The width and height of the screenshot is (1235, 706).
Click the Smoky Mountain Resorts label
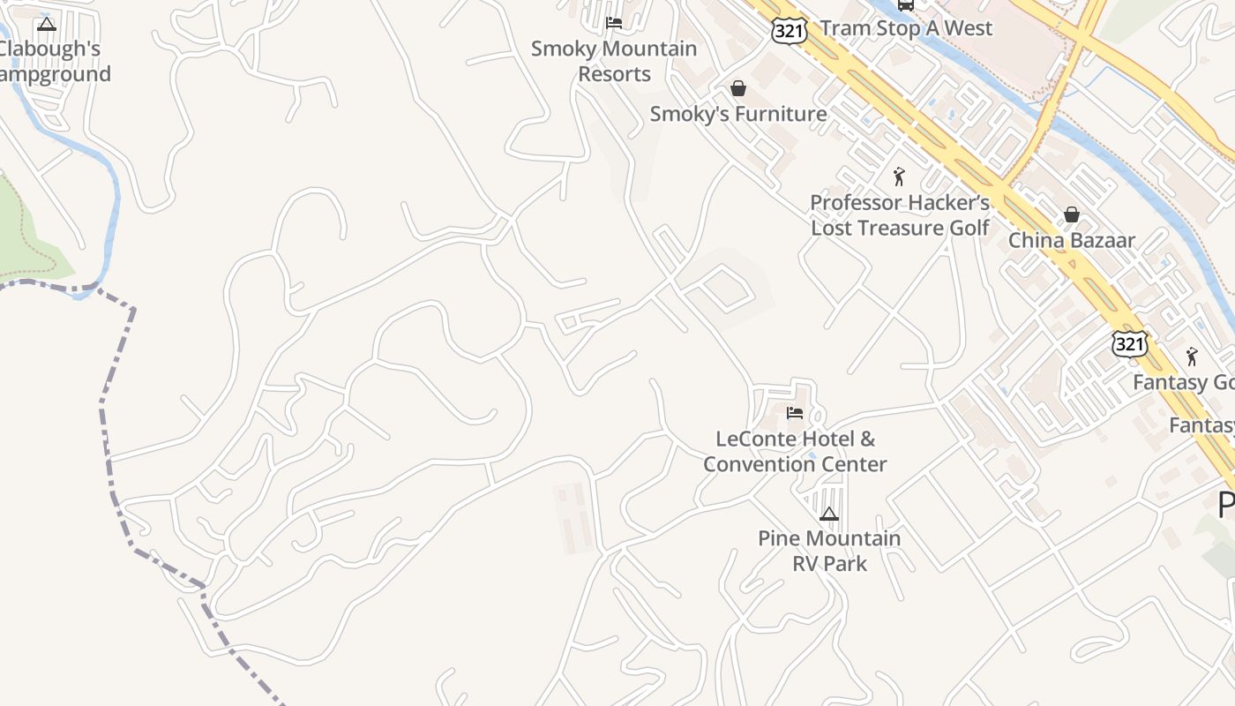click(x=614, y=61)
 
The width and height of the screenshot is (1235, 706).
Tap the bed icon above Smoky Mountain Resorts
click(x=614, y=23)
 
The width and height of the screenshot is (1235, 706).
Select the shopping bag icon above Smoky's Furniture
click(x=738, y=88)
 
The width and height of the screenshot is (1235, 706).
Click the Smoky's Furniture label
click(x=738, y=114)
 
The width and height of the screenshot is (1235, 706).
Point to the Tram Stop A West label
click(x=906, y=28)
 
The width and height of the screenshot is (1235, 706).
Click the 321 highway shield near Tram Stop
click(x=788, y=31)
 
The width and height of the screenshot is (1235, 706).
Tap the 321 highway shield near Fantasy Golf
click(x=1129, y=344)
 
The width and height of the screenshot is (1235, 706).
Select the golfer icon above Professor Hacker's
click(x=899, y=176)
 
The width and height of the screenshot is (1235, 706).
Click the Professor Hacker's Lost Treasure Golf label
click(x=900, y=215)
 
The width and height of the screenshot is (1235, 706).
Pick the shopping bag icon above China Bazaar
click(x=1072, y=214)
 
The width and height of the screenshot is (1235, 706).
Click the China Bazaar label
click(x=1072, y=240)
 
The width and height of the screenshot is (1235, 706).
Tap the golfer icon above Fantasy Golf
click(x=1193, y=357)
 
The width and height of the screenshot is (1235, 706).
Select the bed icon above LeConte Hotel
click(x=795, y=412)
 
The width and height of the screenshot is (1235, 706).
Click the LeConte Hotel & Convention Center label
click(x=795, y=451)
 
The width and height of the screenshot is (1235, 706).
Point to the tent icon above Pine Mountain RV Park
click(x=828, y=514)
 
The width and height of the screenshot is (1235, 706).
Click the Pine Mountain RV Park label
click(x=829, y=551)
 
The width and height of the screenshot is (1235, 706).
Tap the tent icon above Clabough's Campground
click(x=47, y=24)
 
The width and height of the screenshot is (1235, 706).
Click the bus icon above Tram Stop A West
click(x=906, y=4)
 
